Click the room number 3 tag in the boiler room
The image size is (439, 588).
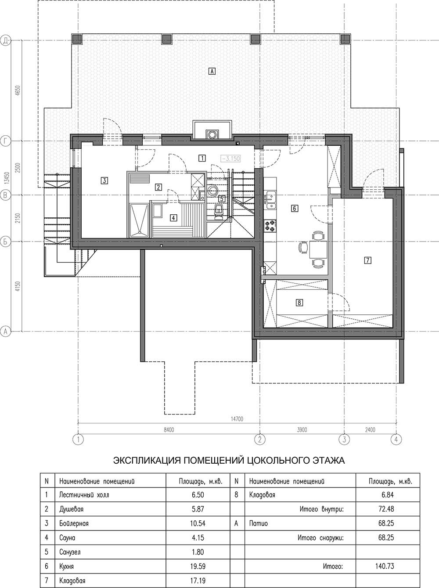(x=104, y=180)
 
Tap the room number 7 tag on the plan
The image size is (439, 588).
(x=368, y=260)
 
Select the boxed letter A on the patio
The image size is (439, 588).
(x=212, y=71)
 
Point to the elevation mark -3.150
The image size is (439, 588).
(x=230, y=159)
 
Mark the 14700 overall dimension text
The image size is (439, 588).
(x=237, y=419)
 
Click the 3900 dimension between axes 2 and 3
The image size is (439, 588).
(x=302, y=430)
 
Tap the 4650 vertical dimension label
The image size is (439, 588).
(x=18, y=91)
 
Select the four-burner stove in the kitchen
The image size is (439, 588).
(x=270, y=226)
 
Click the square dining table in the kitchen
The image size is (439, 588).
(x=318, y=249)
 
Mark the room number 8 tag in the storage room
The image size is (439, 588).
(x=299, y=303)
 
